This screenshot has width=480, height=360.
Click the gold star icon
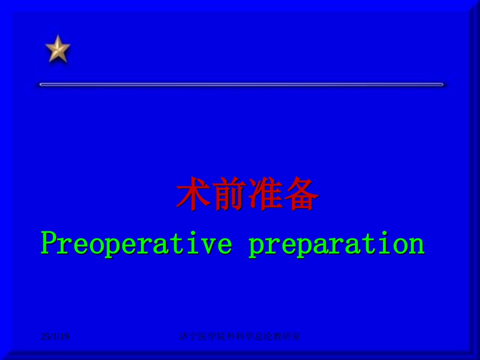click(58, 49)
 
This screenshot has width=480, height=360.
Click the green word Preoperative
click(136, 244)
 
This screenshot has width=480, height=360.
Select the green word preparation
click(337, 244)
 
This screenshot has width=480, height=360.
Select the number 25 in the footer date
click(45, 336)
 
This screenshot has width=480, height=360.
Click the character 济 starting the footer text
click(183, 336)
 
